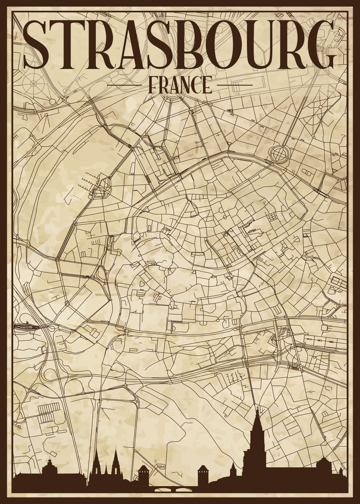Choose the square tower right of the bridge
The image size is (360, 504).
(x=203, y=472)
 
